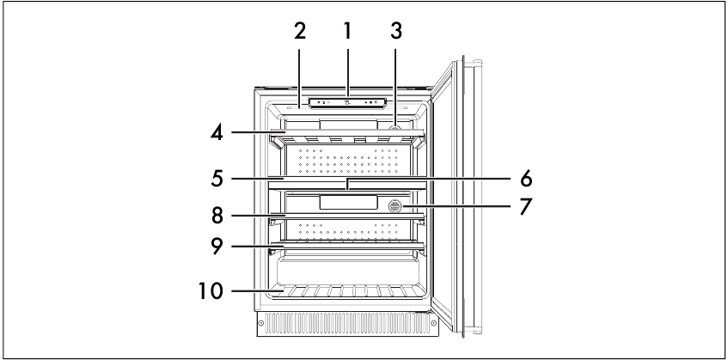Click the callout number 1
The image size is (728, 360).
pos(347,31)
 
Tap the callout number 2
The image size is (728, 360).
pos(300,31)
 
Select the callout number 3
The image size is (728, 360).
pos(395,31)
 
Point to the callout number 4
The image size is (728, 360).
pos(217,132)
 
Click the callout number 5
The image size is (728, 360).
pos(217,178)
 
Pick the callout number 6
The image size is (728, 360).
pos(525,179)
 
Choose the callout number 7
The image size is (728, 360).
pos(525,206)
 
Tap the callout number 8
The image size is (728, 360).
pos(217,216)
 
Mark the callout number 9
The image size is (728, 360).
pos(217,247)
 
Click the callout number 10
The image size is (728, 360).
pos(211,291)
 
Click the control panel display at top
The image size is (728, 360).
pos(347,102)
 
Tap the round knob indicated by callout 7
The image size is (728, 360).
pos(395,205)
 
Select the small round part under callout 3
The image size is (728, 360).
pos(395,126)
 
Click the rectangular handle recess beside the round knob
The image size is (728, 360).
pos(348,202)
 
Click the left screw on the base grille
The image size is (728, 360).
pos(261,322)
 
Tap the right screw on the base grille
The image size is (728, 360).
pos(433,322)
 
